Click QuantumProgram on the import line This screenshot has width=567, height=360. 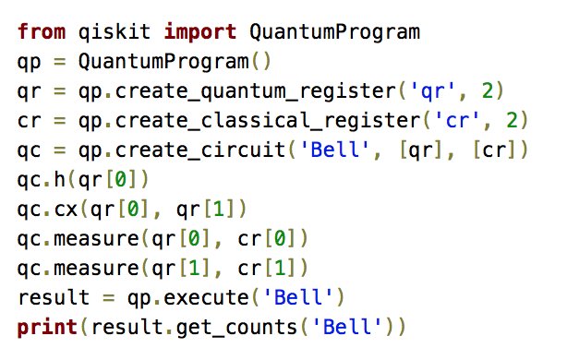[335, 33]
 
